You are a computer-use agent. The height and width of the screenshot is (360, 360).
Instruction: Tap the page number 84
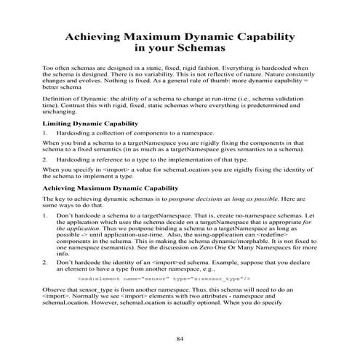click(x=181, y=340)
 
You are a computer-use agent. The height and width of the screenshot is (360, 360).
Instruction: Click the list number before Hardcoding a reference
click(x=46, y=157)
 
